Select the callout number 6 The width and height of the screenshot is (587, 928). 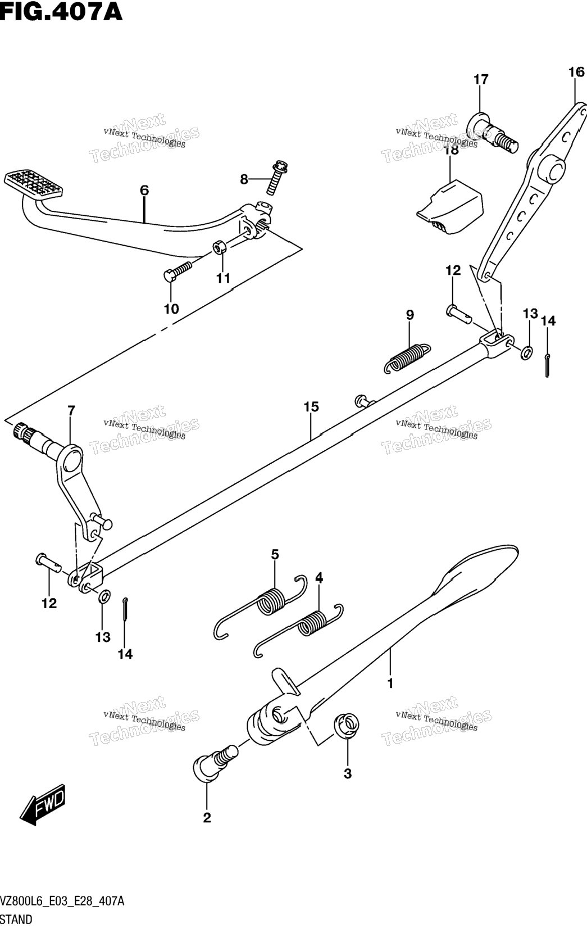pyautogui.click(x=144, y=191)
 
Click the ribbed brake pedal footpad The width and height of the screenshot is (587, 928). pyautogui.click(x=34, y=183)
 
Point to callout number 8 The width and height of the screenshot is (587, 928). pyautogui.click(x=244, y=179)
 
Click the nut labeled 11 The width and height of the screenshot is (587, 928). pyautogui.click(x=220, y=247)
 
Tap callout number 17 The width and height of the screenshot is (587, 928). pyautogui.click(x=481, y=79)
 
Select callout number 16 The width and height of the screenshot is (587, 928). pyautogui.click(x=576, y=72)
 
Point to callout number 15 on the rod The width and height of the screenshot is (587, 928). pyautogui.click(x=311, y=407)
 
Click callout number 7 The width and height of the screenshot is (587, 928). pyautogui.click(x=71, y=410)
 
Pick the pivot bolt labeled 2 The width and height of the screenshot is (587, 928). pyautogui.click(x=215, y=762)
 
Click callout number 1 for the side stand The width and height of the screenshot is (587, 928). pyautogui.click(x=390, y=683)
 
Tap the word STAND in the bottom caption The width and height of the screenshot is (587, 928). pyautogui.click(x=16, y=920)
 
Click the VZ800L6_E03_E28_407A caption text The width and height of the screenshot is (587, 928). pyautogui.click(x=62, y=901)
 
